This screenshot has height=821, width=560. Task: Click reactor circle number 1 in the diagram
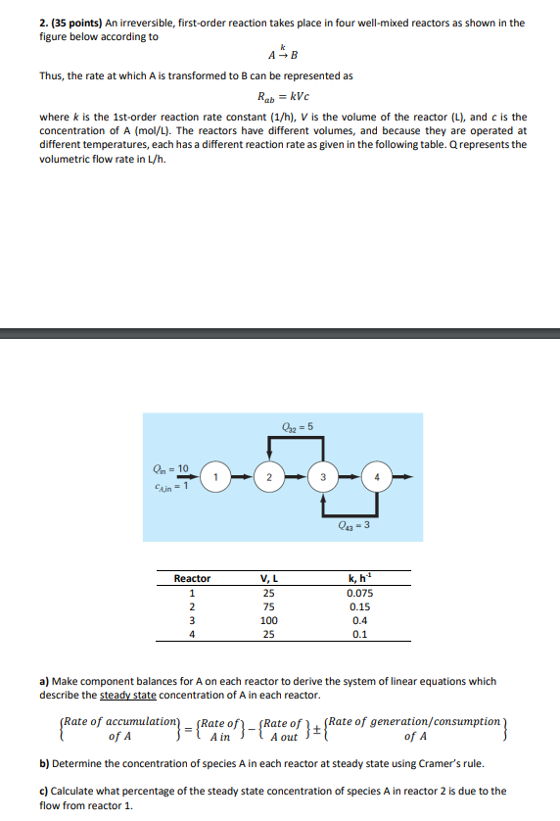click(x=220, y=477)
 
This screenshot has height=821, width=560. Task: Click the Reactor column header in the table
click(x=192, y=579)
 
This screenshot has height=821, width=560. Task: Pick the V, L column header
click(x=268, y=579)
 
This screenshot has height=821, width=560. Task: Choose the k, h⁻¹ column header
click(x=359, y=579)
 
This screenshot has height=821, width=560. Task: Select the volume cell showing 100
click(x=268, y=620)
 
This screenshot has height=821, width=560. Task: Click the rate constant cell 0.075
click(x=359, y=593)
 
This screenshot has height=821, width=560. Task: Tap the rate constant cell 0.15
click(x=359, y=606)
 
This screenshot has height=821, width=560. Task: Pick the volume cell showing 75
click(x=268, y=606)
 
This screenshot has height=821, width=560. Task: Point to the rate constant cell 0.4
click(x=359, y=620)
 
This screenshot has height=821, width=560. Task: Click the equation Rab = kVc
click(x=279, y=98)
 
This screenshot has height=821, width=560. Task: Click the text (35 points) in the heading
click(x=78, y=23)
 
